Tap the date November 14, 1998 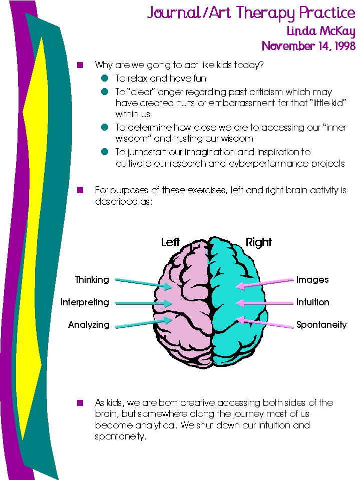pos(308,46)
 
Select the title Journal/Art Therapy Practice pos(251,13)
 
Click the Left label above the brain pos(170,243)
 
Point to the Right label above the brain pos(258,243)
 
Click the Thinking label pos(92,280)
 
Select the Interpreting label pos(85,302)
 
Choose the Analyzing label pos(89,325)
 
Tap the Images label pos(312,280)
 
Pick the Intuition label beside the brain pos(312,302)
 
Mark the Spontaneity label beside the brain pos(321,325)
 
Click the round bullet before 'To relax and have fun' pos(104,79)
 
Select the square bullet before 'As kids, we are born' pos(79,402)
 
